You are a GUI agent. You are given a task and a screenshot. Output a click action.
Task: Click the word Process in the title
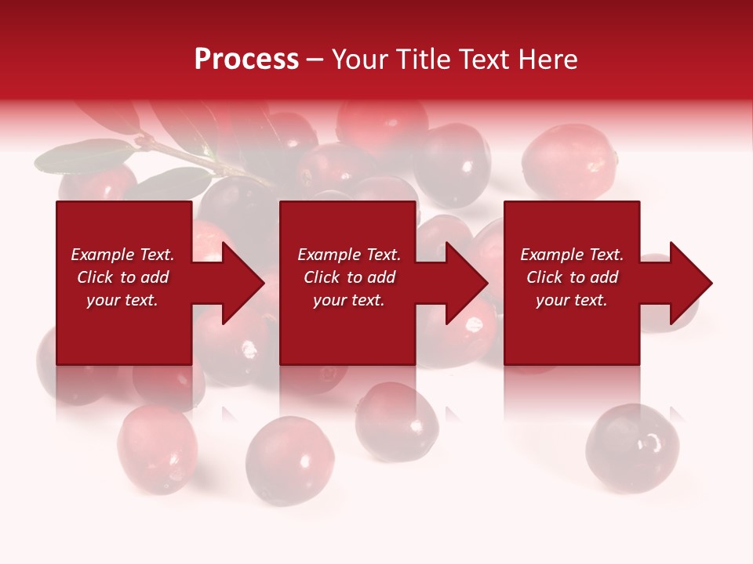click(246, 59)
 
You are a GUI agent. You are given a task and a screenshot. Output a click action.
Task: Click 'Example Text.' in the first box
click(122, 255)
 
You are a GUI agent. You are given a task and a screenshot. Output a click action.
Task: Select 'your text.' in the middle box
click(348, 300)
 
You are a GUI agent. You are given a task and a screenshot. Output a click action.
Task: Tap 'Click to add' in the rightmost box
click(572, 277)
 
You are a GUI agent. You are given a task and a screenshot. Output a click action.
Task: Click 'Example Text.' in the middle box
click(348, 255)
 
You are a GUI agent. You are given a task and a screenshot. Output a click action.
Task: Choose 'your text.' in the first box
click(122, 300)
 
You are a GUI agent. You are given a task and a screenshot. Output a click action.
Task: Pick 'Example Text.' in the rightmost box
click(572, 255)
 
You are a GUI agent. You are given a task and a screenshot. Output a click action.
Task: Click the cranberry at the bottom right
click(632, 447)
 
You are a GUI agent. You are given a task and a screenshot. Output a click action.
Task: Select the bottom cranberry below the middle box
click(397, 418)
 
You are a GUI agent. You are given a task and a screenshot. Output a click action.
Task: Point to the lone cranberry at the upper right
click(568, 161)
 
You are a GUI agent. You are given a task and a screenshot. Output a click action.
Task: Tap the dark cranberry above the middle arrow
click(452, 164)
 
